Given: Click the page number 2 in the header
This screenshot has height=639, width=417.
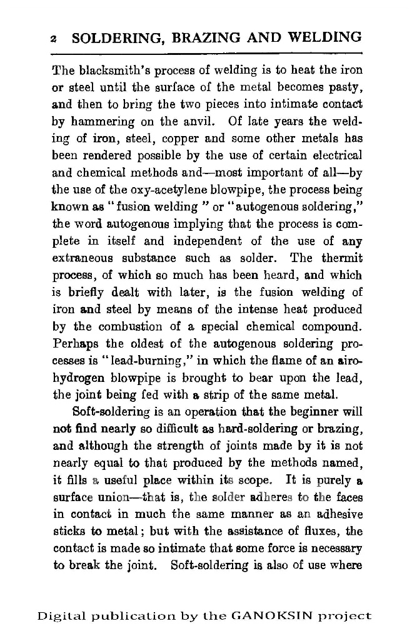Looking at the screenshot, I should point(54,39).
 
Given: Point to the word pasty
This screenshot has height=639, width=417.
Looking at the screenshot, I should point(345,87).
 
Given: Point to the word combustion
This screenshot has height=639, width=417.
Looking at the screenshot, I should point(134,325).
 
